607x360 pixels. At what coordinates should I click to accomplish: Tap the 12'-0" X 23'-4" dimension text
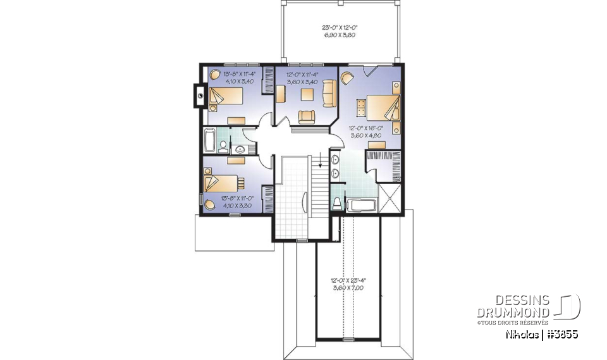pyautogui.click(x=343, y=283)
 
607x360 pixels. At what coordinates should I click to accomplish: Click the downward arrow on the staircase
pyautogui.click(x=321, y=166)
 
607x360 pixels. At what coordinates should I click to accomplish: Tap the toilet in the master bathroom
pyautogui.click(x=337, y=202)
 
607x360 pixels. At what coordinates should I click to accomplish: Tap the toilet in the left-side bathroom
pyautogui.click(x=223, y=147)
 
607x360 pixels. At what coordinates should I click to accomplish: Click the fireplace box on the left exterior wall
pyautogui.click(x=196, y=96)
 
